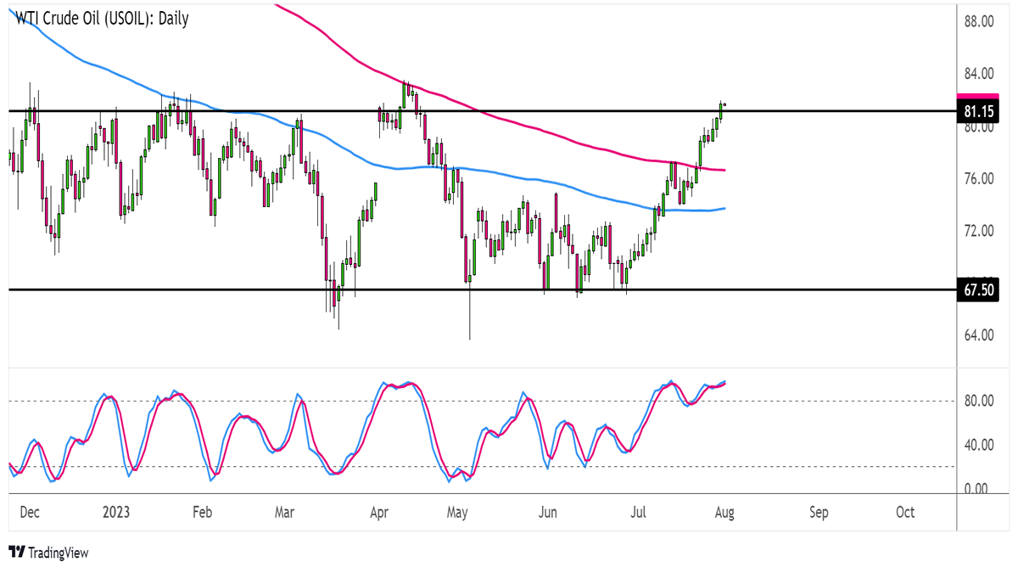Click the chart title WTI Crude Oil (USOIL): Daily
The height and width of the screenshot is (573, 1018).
pos(98,19)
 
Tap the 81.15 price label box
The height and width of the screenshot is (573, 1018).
pos(977,111)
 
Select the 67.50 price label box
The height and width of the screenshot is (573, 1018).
pos(977,289)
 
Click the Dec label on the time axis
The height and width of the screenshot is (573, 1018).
pos(30,513)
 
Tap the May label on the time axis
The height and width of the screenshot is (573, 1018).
pos(457,513)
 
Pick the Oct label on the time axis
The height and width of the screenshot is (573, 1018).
pos(905,513)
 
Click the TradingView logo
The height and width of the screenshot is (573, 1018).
pos(48,553)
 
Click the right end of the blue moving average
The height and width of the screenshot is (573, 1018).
pos(724,208)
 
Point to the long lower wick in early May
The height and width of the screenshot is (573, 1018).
pos(469,314)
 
